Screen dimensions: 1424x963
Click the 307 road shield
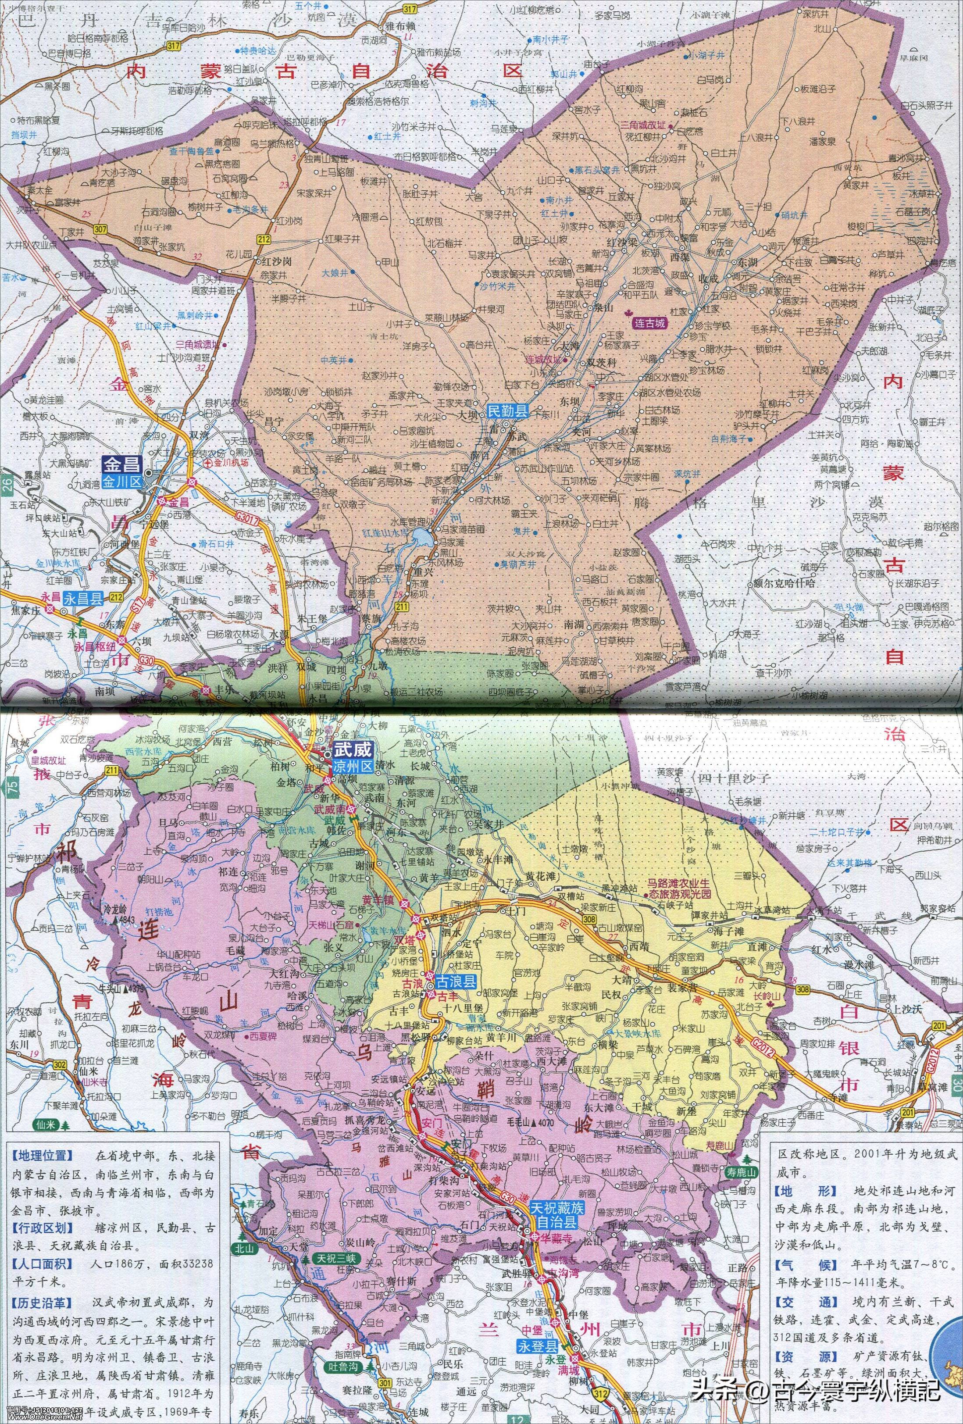[x=101, y=229]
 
